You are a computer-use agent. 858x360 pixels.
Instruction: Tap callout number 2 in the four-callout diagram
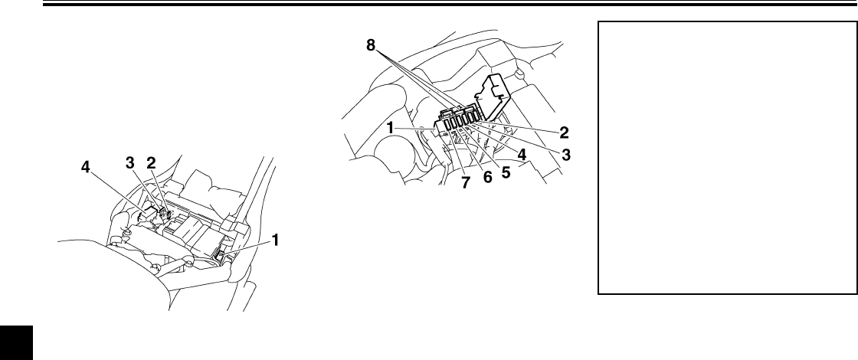pos(151,163)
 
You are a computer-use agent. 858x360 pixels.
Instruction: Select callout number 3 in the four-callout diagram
pos(130,163)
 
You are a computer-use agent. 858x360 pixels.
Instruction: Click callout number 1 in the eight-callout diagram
pos(391,129)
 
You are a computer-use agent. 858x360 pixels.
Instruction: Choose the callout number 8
pos(372,46)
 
